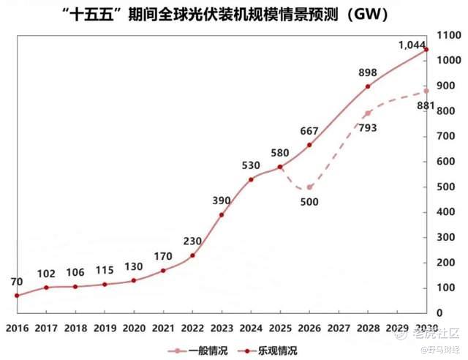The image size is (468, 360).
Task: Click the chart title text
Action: click(x=226, y=14)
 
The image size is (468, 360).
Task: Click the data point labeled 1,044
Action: click(x=426, y=50)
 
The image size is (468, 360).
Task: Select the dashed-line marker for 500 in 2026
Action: click(x=309, y=187)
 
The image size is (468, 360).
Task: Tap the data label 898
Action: click(x=368, y=72)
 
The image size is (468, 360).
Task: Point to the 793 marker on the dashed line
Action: click(x=368, y=113)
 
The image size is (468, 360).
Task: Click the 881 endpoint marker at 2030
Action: click(x=426, y=91)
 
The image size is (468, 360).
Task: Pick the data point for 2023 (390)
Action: click(x=222, y=215)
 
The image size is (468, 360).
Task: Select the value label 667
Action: click(x=309, y=131)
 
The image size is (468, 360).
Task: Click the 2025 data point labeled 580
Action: click(x=280, y=167)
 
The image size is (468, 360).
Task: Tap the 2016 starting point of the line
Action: click(x=17, y=296)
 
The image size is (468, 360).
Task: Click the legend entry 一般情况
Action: click(x=198, y=350)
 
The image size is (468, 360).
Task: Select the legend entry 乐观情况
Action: click(x=268, y=350)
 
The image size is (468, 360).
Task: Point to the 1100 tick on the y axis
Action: click(x=449, y=35)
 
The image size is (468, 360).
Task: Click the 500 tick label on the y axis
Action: click(x=445, y=187)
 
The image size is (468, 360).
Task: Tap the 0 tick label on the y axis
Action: click(x=439, y=313)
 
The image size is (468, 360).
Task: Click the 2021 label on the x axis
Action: click(x=163, y=329)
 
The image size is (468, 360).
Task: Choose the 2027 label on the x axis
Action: click(x=339, y=329)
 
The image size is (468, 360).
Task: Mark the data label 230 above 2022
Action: click(x=192, y=241)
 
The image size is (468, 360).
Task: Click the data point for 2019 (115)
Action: click(x=105, y=285)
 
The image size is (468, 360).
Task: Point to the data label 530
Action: click(x=251, y=165)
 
